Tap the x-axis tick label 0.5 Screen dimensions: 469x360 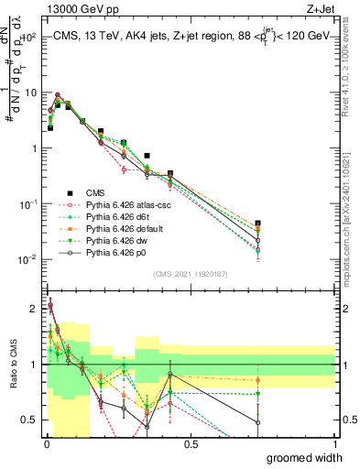(191, 444)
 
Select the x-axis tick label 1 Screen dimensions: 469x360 (334, 444)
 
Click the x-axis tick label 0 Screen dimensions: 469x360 (47, 444)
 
